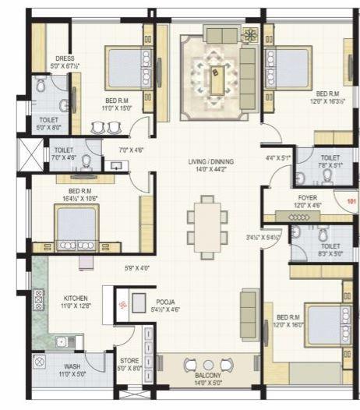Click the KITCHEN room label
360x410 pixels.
(76, 297)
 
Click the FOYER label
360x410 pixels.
(307, 198)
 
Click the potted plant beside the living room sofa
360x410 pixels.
(250, 35)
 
